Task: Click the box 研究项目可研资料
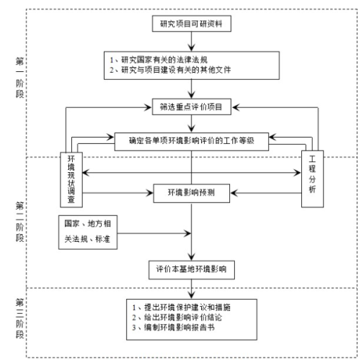[x=192, y=24]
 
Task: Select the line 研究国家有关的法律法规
[x=159, y=60]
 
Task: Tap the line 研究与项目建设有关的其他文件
[x=170, y=70]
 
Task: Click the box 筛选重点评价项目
[x=192, y=107]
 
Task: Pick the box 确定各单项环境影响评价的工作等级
[x=192, y=142]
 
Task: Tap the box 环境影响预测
[x=192, y=193]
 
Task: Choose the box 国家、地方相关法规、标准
[x=88, y=232]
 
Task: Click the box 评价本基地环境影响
[x=192, y=270]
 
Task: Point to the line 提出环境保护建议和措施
[x=182, y=307]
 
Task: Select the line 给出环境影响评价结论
[x=177, y=318]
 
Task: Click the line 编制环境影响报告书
[x=173, y=328]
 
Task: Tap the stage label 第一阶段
[x=19, y=78]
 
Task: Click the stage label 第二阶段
[x=19, y=222]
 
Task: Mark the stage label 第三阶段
[x=19, y=318]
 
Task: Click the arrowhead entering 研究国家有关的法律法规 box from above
[x=192, y=48]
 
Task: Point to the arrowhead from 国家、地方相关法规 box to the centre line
[x=187, y=233]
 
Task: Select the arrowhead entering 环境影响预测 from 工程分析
[x=234, y=193]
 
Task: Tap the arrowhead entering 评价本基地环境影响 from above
[x=192, y=257]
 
